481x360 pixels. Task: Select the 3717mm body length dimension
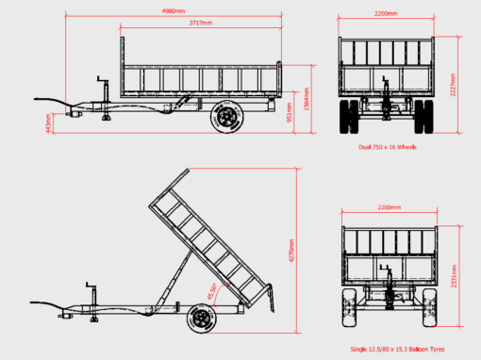click(200, 22)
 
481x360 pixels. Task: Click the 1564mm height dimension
click(307, 99)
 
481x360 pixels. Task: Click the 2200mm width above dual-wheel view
click(386, 15)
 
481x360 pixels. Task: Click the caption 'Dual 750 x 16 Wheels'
click(386, 148)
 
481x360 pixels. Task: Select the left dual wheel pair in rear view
click(349, 115)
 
